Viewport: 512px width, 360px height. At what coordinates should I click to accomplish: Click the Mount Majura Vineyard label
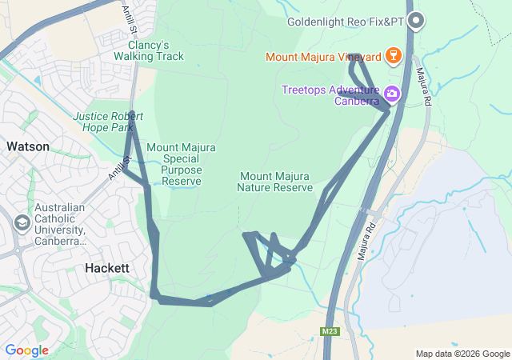tap(324, 57)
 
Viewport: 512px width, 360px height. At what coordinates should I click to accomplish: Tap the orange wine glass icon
tap(392, 56)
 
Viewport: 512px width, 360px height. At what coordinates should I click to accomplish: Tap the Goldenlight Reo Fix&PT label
tap(346, 22)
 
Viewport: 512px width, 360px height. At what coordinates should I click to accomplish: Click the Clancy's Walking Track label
tap(148, 50)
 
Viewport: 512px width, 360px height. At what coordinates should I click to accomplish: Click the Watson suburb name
tap(28, 147)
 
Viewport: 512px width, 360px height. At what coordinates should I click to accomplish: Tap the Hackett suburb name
tap(106, 269)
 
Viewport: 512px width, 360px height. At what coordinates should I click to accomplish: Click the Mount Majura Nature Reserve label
tap(274, 182)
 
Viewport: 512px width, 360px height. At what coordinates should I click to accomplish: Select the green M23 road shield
tap(329, 331)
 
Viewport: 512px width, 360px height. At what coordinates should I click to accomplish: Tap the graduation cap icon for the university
tap(22, 222)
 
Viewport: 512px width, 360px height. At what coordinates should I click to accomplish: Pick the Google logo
tap(26, 350)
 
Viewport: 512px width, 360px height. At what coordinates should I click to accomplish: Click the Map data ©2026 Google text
tap(462, 354)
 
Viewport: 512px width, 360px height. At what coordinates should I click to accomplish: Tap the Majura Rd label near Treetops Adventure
tap(424, 86)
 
